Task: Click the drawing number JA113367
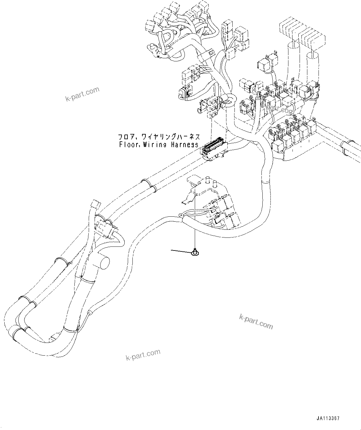point(328,419)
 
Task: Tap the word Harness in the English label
point(184,144)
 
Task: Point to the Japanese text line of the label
point(158,137)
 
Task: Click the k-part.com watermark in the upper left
point(82,94)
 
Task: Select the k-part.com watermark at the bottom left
point(143,355)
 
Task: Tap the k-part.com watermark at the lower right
point(256,321)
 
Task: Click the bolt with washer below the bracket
point(196,253)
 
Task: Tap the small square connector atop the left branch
point(94,205)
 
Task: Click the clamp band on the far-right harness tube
point(345,147)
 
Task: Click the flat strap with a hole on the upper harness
point(208,55)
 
